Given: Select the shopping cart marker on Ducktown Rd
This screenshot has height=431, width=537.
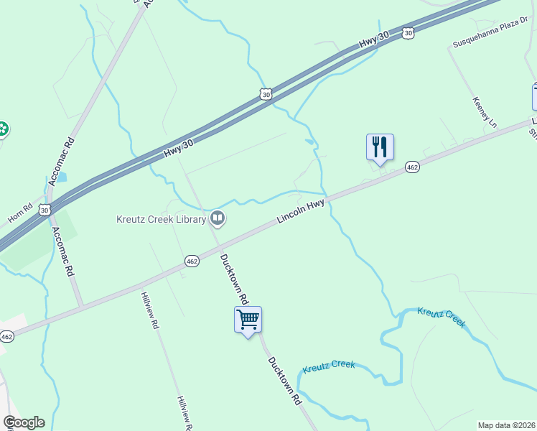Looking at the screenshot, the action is point(248,320).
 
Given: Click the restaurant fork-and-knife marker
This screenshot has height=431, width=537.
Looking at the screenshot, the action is point(380,147).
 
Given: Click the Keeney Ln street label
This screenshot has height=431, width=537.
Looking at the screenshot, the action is point(485,113).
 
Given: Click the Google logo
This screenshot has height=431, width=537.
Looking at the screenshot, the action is point(24,422).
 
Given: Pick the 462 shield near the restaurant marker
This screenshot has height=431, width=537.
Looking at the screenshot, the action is point(411,167).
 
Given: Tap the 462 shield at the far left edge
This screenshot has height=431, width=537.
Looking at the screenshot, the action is point(6,336).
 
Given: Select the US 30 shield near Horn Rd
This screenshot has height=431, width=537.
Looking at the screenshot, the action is point(45,210).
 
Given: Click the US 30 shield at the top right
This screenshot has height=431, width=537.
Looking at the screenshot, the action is point(408,32).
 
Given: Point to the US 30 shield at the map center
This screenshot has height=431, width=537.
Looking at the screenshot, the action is point(266,94).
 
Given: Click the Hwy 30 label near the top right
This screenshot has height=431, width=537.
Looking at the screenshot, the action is point(368,43).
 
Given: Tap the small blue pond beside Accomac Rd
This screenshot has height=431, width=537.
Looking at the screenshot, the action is point(60,176).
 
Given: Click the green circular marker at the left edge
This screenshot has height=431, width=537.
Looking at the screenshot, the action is point(2,129).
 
